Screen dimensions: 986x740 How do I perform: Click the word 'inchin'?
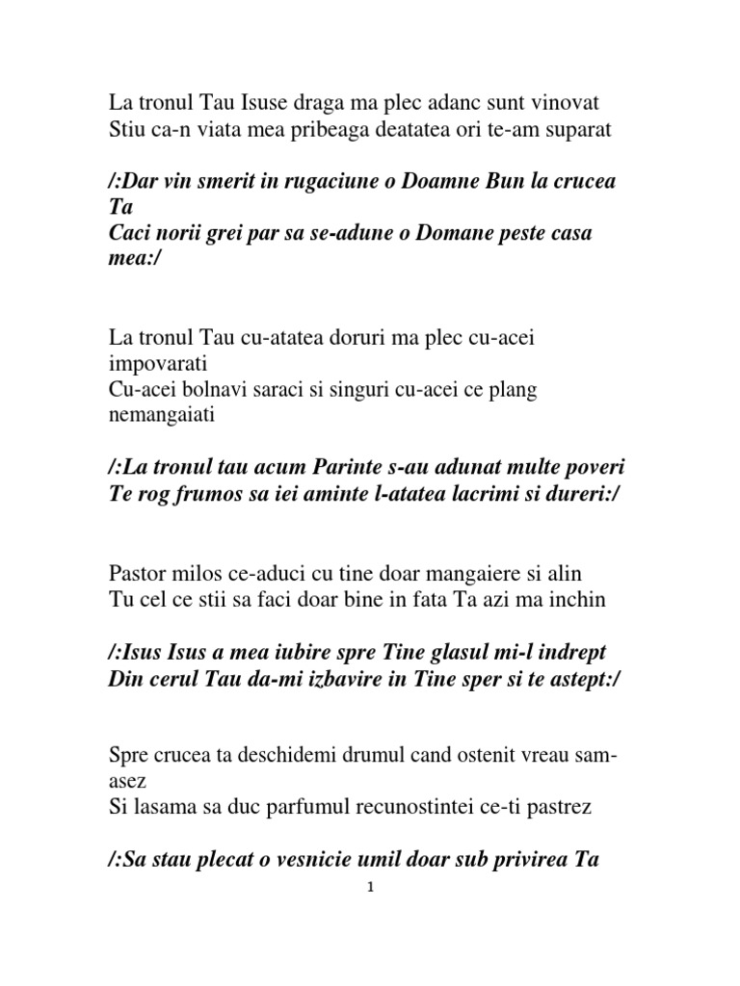coord(577,600)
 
